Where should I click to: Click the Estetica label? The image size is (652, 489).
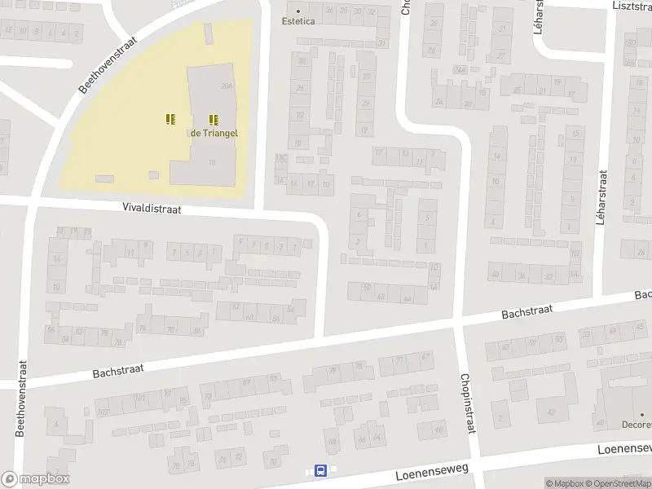[297, 21]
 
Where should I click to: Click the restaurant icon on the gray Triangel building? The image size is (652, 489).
[214, 120]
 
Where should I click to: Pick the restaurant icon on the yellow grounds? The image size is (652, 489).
[170, 120]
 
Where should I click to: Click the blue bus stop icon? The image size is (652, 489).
[320, 471]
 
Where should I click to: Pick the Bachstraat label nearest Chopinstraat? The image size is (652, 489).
[527, 311]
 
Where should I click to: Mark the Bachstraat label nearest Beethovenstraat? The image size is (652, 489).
[118, 370]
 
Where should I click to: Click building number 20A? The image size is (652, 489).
[226, 86]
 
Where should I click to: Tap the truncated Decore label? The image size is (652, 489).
[635, 424]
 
